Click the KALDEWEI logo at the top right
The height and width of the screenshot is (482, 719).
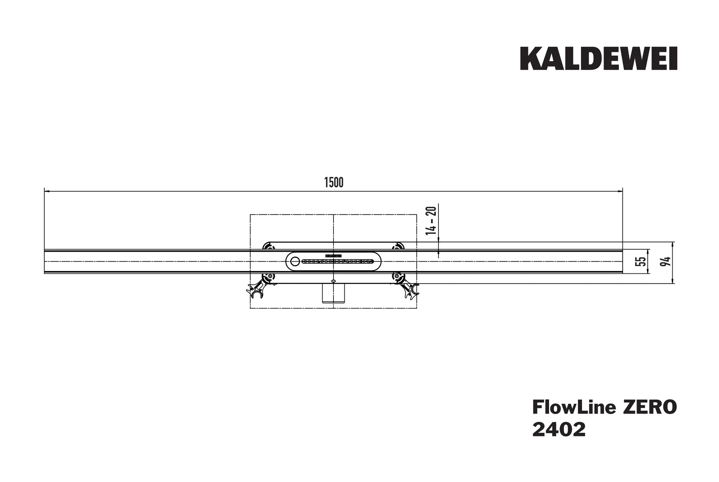tap(598, 59)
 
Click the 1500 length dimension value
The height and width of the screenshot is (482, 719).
tap(334, 183)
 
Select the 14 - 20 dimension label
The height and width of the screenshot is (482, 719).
tap(431, 220)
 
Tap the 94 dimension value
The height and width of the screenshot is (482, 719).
tap(665, 261)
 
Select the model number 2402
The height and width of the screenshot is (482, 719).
tap(559, 430)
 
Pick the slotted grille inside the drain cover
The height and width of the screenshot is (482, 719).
tap(337, 262)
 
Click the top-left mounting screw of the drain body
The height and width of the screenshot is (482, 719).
tap(269, 247)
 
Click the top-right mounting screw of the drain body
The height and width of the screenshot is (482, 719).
tap(397, 247)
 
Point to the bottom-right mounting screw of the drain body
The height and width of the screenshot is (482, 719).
tap(397, 277)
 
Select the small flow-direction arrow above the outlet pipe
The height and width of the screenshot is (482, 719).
tap(333, 281)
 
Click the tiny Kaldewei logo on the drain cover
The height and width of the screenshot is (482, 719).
tap(333, 256)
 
